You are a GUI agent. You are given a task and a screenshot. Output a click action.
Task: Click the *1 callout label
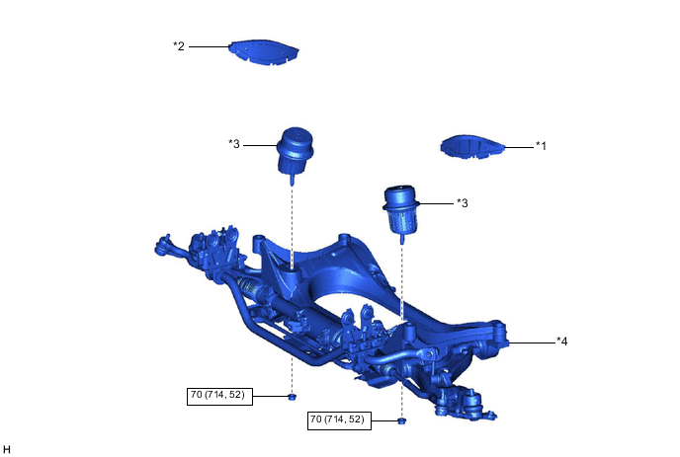[x=541, y=145]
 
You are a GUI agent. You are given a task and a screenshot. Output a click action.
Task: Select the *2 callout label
[x=179, y=45]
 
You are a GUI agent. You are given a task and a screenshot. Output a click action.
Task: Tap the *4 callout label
[x=562, y=342]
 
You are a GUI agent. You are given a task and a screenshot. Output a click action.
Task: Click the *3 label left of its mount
[x=234, y=144]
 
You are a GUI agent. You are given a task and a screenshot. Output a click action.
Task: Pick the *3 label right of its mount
[x=462, y=203]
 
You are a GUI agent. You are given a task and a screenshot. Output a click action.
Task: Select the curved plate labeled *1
[x=471, y=147]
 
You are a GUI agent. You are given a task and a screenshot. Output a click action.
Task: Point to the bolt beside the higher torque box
[x=293, y=397]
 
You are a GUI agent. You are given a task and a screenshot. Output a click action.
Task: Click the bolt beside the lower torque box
[x=402, y=421]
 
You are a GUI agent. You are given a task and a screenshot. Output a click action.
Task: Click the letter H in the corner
[x=7, y=449]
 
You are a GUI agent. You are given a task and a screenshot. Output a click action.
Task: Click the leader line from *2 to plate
[x=210, y=45]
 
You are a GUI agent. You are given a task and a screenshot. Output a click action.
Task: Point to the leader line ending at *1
[x=519, y=146]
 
